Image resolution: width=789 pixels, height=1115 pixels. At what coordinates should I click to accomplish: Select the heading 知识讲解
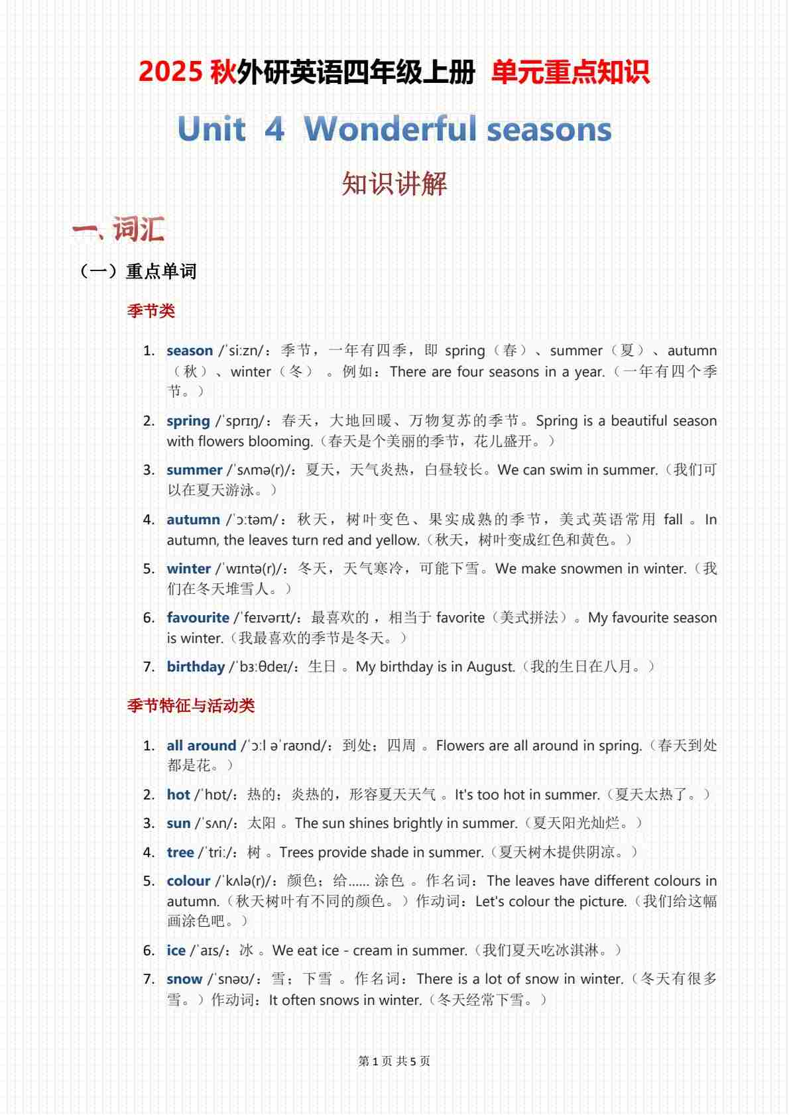pos(394,184)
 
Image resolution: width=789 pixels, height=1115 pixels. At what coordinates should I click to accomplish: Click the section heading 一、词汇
pos(119,229)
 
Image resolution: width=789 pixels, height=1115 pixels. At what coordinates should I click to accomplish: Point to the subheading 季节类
pos(151,311)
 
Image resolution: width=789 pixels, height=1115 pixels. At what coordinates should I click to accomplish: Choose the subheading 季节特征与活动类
pos(191,705)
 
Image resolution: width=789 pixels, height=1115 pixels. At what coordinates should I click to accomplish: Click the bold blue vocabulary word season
pos(190,351)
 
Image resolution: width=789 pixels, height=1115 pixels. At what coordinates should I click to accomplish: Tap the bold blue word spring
pos(188,421)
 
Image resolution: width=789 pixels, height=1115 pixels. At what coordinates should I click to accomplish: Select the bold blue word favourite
pos(198,618)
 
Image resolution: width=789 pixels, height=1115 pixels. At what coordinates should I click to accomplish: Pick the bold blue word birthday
pos(196,667)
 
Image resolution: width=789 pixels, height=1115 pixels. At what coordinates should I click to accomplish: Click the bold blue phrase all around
pos(201,746)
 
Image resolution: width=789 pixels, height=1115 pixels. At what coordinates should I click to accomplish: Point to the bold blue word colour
pos(188,881)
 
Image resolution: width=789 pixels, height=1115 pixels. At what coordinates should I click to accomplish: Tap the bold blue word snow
pos(184,979)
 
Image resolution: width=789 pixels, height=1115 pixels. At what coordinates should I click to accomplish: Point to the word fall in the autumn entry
pos(673,520)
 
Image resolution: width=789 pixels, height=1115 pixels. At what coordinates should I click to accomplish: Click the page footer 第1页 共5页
pos(394,1061)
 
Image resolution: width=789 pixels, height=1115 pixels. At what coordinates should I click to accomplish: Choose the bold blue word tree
pos(180,852)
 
